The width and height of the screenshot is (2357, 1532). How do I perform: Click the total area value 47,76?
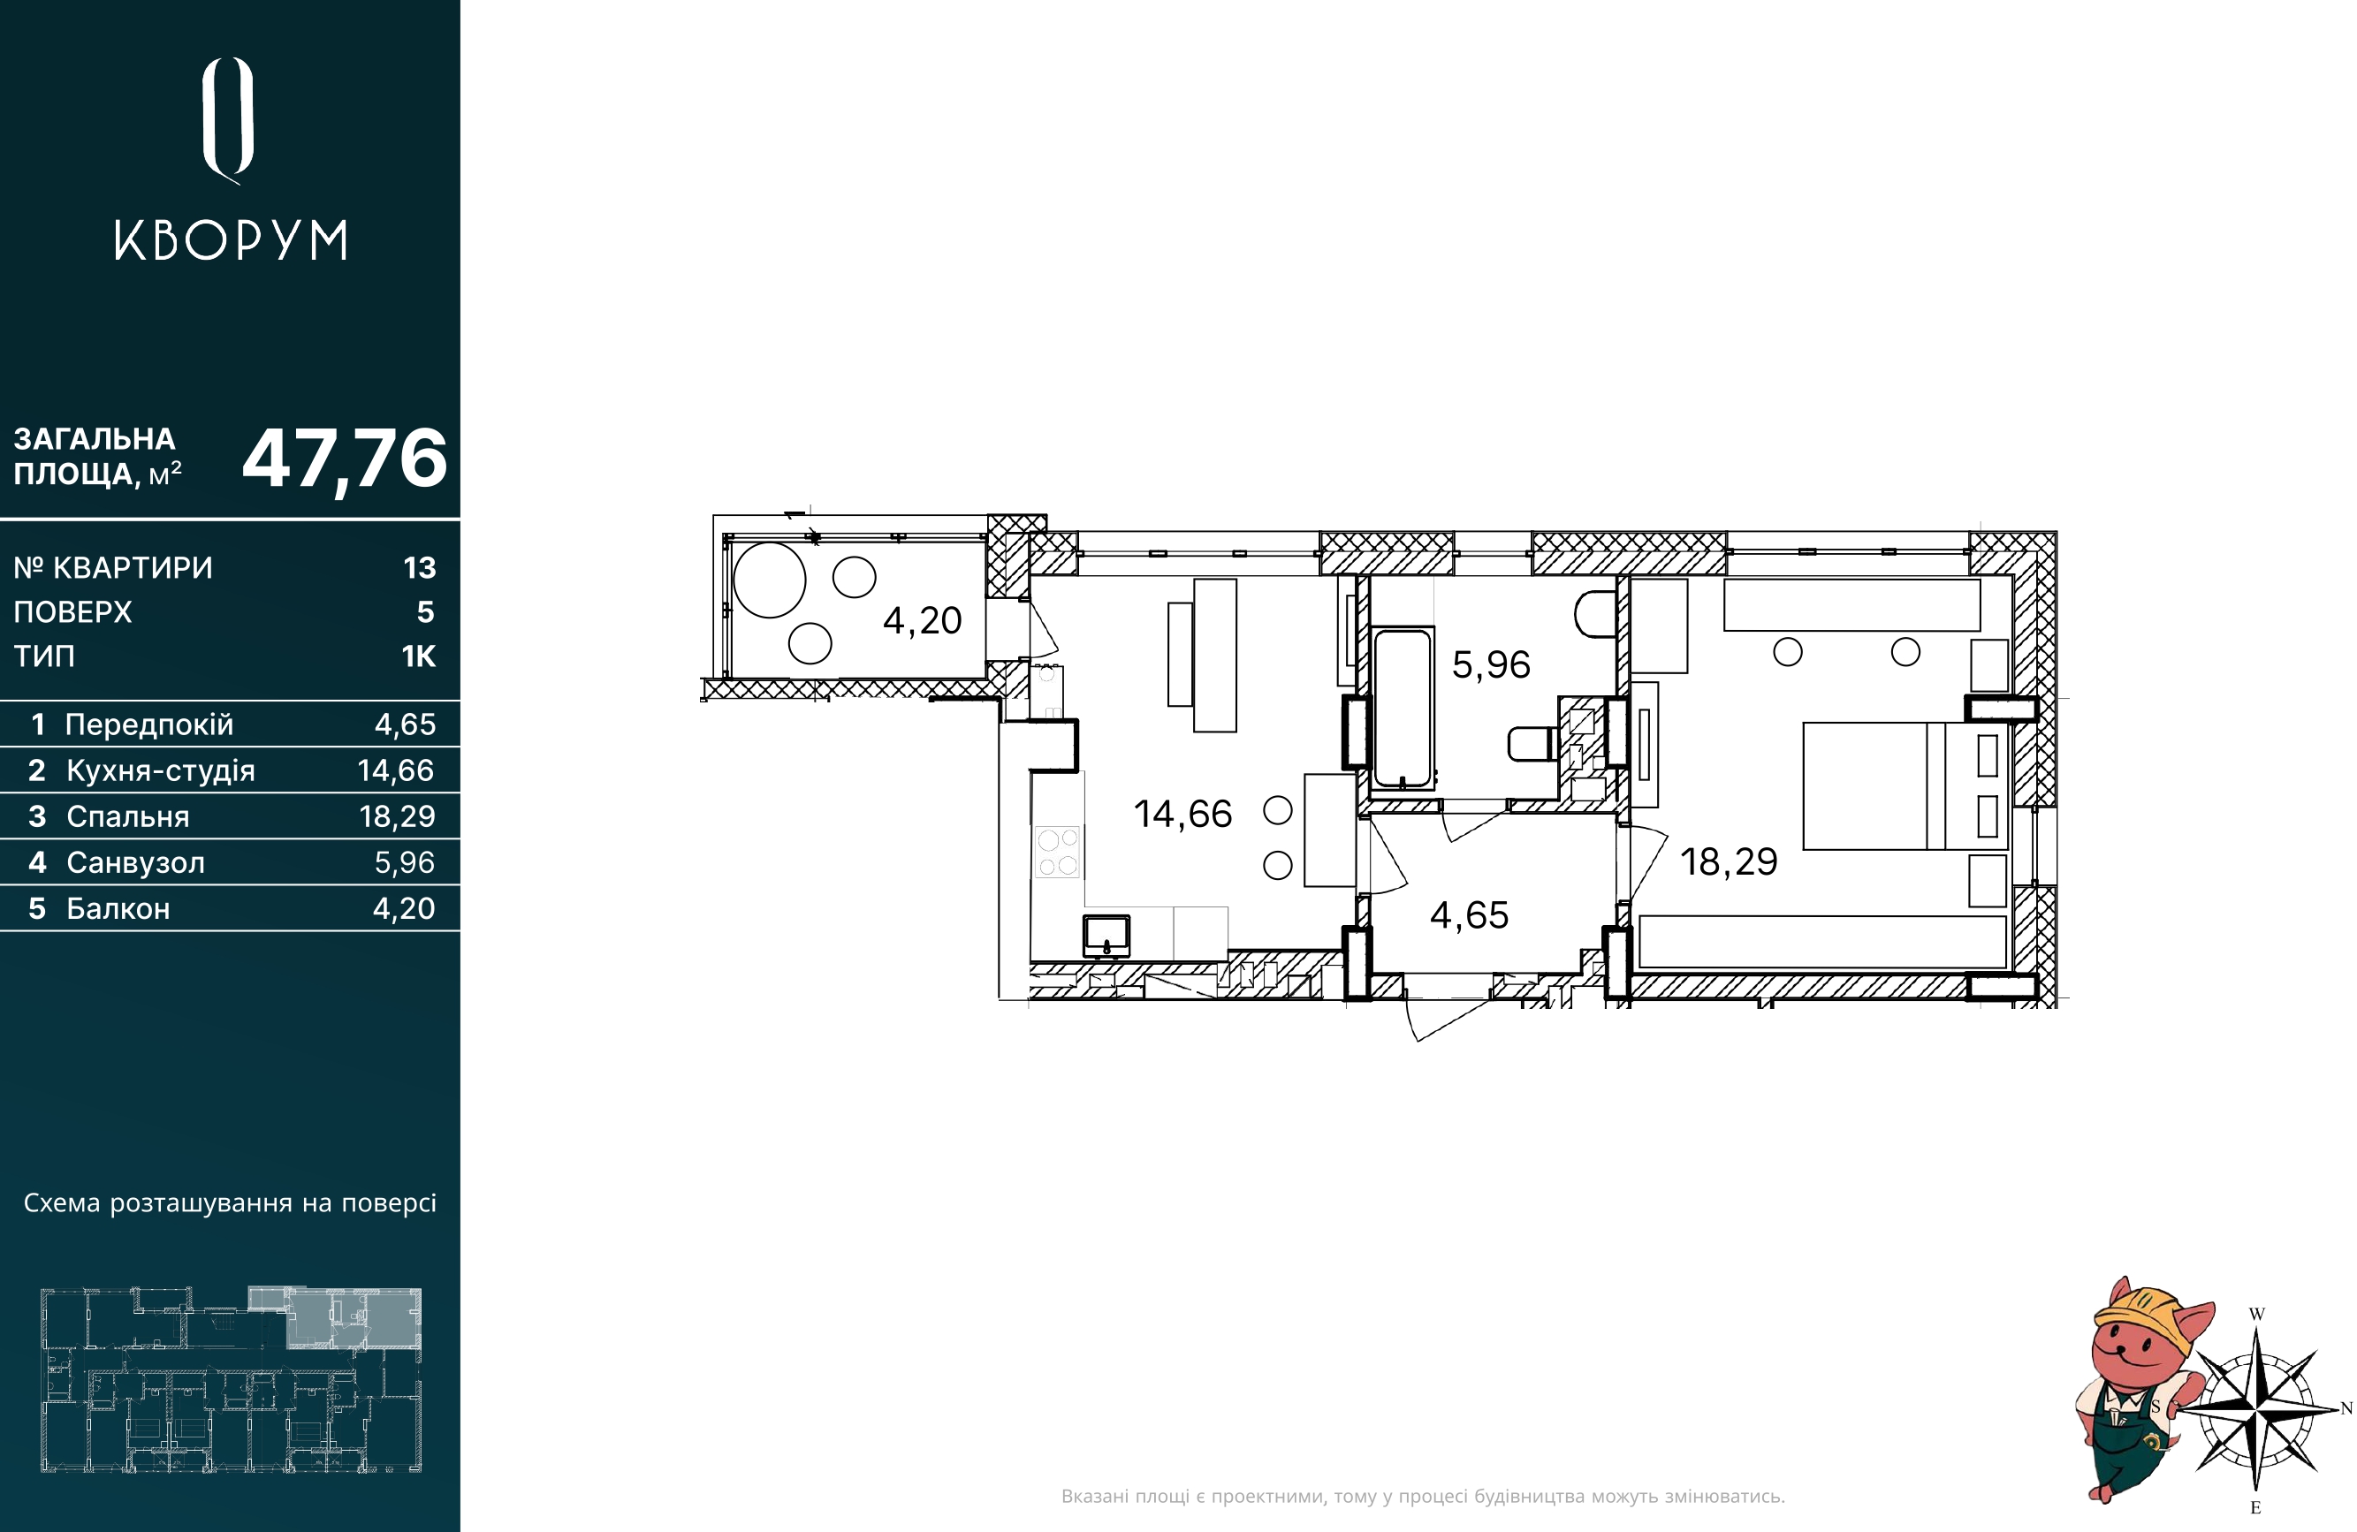pyautogui.click(x=345, y=459)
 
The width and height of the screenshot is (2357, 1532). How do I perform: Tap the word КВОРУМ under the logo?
pyautogui.click(x=231, y=240)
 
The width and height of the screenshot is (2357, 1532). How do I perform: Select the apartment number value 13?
pyautogui.click(x=420, y=567)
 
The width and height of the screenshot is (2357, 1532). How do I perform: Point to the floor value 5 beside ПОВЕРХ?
pyautogui.click(x=426, y=612)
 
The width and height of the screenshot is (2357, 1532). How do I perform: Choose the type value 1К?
pyautogui.click(x=419, y=656)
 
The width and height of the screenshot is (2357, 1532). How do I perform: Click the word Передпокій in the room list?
pyautogui.click(x=149, y=724)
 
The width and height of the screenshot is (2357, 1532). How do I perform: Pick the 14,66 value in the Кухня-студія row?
pyautogui.click(x=395, y=770)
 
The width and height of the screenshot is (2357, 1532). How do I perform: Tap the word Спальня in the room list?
pyautogui.click(x=128, y=816)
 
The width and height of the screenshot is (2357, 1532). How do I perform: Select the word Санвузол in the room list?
pyautogui.click(x=136, y=862)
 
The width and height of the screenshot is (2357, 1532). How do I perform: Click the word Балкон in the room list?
pyautogui.click(x=118, y=908)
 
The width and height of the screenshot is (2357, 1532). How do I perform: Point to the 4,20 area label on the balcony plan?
pyautogui.click(x=922, y=621)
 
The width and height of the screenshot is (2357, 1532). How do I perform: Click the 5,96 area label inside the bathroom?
pyautogui.click(x=1490, y=664)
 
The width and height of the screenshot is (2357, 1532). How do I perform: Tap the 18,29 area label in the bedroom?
pyautogui.click(x=1728, y=861)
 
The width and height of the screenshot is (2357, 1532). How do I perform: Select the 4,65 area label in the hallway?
pyautogui.click(x=1469, y=915)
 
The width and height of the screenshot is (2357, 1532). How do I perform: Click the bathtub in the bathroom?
pyautogui.click(x=1403, y=708)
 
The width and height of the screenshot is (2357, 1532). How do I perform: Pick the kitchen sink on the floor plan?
pyautogui.click(x=1106, y=935)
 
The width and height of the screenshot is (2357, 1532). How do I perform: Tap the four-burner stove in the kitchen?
pyautogui.click(x=1058, y=853)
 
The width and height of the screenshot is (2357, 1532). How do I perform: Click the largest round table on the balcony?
pyautogui.click(x=770, y=580)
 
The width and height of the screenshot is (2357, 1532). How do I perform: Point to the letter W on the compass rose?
pyautogui.click(x=2257, y=1314)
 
